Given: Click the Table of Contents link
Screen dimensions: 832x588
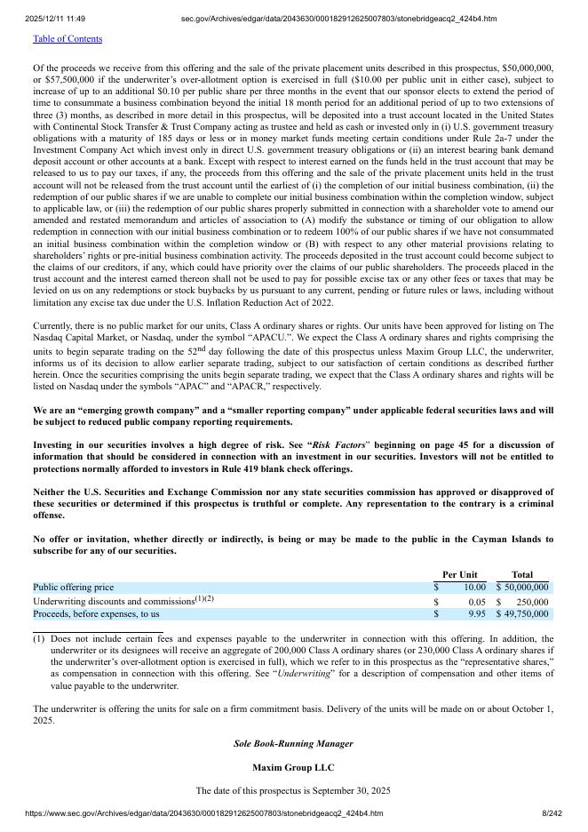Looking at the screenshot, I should pyautogui.click(x=68, y=39).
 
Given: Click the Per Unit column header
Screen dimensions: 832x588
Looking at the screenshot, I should pyautogui.click(x=459, y=575).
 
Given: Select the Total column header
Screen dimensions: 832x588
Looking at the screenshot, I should pyautogui.click(x=522, y=575).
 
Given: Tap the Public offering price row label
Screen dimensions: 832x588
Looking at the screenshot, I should pyautogui.click(x=74, y=588).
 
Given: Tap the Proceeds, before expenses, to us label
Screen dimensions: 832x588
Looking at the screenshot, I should pyautogui.click(x=96, y=614).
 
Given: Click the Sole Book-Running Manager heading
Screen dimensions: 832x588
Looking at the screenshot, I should pyautogui.click(x=293, y=743).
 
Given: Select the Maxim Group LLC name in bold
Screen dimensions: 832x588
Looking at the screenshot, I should pyautogui.click(x=293, y=767).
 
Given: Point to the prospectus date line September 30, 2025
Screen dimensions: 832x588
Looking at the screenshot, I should pyautogui.click(x=293, y=790).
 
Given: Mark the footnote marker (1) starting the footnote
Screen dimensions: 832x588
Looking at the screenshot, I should pyautogui.click(x=39, y=639).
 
